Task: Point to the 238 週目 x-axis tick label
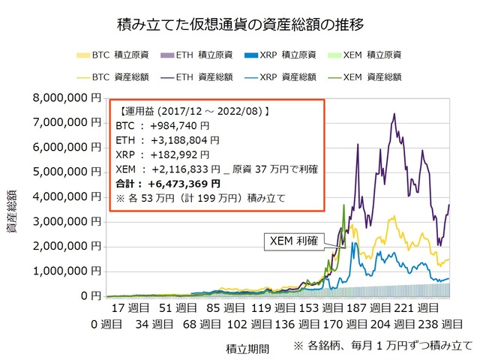click(430, 324)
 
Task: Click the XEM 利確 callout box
click(295, 241)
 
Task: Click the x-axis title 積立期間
click(247, 348)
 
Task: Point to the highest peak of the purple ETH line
click(394, 114)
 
